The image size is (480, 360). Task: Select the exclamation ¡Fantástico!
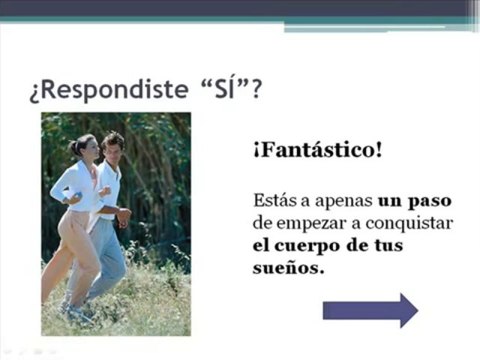tap(316, 151)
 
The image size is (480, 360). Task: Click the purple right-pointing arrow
tap(370, 310)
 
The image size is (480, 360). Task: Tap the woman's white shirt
tap(80, 186)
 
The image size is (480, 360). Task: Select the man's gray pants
tap(110, 260)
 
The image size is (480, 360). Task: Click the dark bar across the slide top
tap(240, 8)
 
